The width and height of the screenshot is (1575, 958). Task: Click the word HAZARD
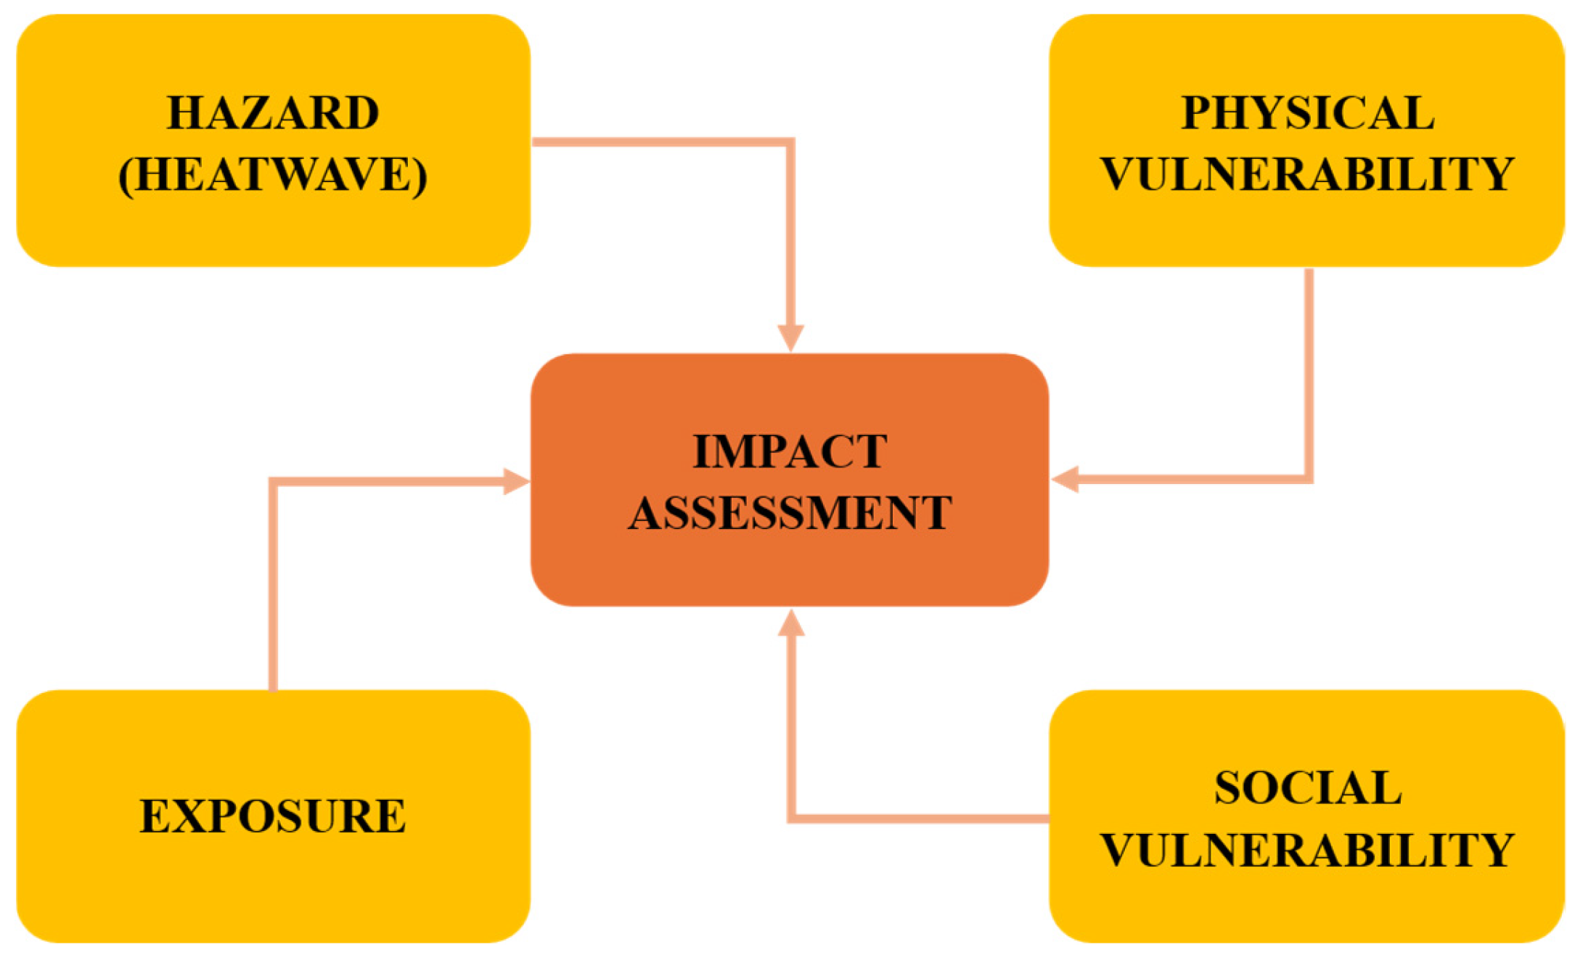(273, 113)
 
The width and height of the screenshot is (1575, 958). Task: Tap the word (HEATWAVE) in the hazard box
(273, 175)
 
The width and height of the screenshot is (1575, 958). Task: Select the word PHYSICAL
(1307, 113)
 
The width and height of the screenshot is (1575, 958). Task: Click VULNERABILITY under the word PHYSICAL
(1307, 175)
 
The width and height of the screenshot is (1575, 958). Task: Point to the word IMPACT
(790, 451)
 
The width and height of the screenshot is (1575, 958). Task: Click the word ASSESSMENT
(790, 513)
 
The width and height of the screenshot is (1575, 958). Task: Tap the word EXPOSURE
(273, 816)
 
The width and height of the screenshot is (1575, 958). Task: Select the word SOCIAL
(1307, 788)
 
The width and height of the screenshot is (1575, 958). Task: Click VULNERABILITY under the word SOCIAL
(1307, 850)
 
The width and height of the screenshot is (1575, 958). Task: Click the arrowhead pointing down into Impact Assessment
(790, 338)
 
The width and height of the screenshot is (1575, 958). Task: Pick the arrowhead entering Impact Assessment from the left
(516, 481)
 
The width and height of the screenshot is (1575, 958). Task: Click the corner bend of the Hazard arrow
(790, 142)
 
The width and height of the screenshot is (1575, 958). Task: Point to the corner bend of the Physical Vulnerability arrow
(1309, 479)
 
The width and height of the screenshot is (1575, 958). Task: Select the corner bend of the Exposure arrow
(274, 482)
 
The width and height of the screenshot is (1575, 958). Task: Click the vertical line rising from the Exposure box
(274, 588)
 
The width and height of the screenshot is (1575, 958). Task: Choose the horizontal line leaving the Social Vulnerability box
(922, 819)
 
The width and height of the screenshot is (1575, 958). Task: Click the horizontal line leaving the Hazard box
(660, 142)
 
